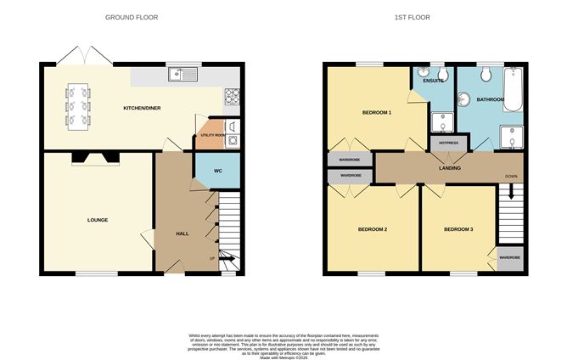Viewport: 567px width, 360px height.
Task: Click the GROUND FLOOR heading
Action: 132,17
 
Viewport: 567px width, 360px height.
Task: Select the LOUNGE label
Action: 98,220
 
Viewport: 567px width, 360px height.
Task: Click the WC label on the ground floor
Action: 217,172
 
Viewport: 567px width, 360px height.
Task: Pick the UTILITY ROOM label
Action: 213,135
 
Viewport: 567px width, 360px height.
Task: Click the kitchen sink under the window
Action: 182,74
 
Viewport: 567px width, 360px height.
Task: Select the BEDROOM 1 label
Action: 375,112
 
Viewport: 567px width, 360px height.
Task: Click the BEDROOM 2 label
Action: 373,229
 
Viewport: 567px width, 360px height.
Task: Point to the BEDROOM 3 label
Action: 459,229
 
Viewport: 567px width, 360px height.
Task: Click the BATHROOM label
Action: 490,99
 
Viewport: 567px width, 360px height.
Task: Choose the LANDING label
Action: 450,168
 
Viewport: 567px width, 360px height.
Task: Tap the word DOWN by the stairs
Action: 511,177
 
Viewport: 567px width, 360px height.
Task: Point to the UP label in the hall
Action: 212,257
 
